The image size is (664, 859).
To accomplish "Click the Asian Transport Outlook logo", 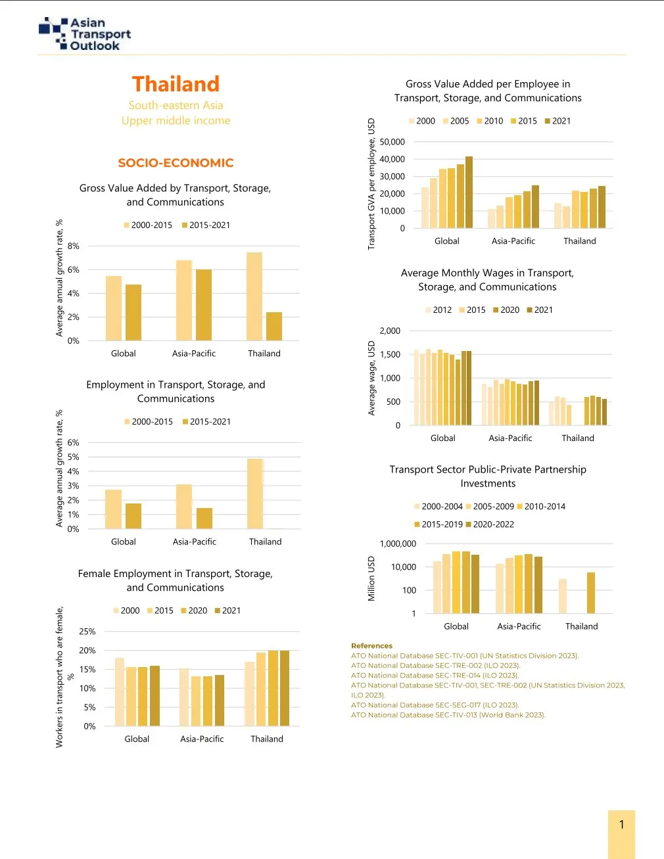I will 85,34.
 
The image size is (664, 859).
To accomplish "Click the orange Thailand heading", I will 176,84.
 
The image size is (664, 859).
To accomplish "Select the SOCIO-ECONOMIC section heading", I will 176,163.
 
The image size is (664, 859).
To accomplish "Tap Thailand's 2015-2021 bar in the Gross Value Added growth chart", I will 273,326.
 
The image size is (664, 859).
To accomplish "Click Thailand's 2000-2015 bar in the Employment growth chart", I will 255,494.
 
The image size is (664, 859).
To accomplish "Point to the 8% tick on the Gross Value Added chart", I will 73,246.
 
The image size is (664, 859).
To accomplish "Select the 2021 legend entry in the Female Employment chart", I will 227,611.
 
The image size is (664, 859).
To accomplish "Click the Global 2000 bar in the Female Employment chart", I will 120,691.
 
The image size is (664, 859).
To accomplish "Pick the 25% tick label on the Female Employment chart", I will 87,632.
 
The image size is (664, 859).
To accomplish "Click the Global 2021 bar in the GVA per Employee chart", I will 469,192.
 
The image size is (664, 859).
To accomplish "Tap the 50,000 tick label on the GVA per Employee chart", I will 392,142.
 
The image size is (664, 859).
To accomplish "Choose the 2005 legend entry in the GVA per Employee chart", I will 456,121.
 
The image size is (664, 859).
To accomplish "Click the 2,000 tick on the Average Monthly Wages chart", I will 390,331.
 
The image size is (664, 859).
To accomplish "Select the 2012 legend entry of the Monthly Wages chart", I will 439,310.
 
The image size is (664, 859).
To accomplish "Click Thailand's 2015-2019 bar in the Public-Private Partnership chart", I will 591,593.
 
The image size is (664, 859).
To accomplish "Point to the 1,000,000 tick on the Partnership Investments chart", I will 398,544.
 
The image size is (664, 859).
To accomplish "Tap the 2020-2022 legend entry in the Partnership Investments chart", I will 490,524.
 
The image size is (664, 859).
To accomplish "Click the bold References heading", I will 371,646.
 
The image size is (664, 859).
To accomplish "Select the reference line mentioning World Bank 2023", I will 448,715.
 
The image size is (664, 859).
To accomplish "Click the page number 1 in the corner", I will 621,825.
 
